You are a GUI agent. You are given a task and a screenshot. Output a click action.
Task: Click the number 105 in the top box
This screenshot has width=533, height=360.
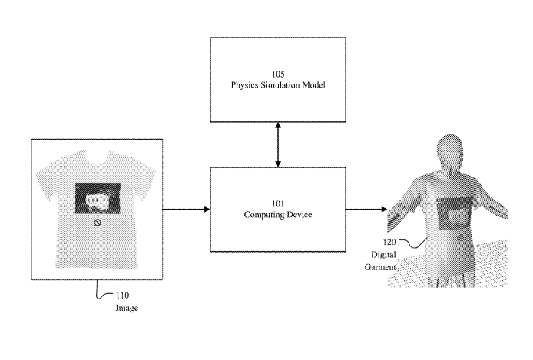coord(278,75)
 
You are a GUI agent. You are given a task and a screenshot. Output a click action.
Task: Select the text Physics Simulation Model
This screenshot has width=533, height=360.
coord(278,86)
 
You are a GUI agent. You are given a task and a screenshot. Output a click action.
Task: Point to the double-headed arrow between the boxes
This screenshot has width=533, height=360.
coord(278,143)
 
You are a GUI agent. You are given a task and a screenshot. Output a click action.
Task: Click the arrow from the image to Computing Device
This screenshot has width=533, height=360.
coord(186,208)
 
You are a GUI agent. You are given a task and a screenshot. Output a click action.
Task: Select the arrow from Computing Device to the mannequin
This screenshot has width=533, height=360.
coord(366,208)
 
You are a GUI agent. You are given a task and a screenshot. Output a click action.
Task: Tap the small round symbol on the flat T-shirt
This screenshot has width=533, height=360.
coord(98,223)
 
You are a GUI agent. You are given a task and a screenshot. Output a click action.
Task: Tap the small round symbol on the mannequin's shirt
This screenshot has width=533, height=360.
coord(461,239)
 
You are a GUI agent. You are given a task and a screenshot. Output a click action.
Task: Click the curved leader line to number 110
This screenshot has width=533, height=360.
coord(98,290)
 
